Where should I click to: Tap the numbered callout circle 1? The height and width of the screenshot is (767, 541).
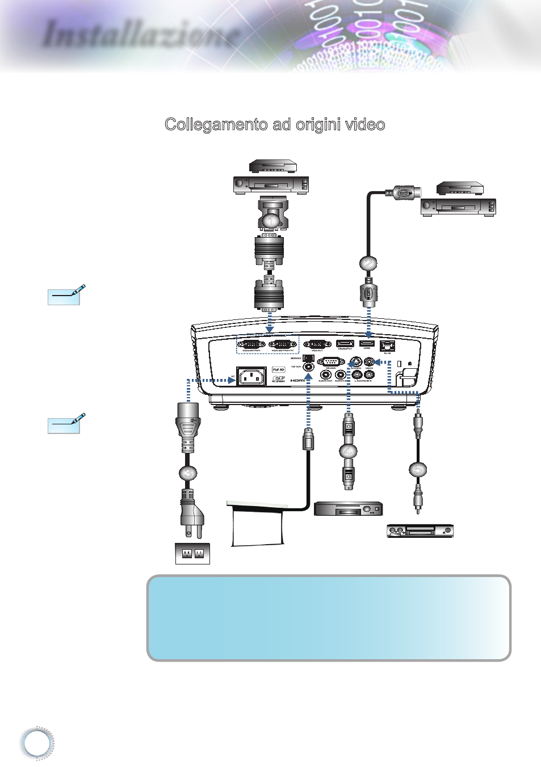tap(271, 220)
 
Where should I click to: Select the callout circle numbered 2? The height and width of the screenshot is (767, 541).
tap(368, 263)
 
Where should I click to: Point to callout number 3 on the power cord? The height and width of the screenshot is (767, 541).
tap(188, 473)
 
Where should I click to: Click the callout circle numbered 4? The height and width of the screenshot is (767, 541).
tap(348, 452)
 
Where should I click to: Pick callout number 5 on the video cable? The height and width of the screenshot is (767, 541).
tap(417, 470)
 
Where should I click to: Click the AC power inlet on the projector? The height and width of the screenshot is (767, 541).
tap(251, 376)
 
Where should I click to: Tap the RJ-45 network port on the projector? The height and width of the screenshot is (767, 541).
tap(387, 345)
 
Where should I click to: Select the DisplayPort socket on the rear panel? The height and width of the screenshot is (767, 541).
tap(345, 343)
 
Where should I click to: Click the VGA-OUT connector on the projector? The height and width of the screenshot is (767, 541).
tap(317, 344)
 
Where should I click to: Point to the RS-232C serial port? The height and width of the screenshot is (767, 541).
tap(331, 362)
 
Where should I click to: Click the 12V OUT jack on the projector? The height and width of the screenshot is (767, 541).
tap(308, 367)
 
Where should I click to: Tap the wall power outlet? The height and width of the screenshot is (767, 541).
tap(192, 553)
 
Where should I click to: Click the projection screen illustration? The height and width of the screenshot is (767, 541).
tap(257, 524)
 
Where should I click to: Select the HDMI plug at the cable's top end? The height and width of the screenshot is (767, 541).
tap(403, 193)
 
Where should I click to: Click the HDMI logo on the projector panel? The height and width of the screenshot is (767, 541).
tap(297, 380)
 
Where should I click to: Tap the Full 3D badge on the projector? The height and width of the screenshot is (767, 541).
tap(278, 369)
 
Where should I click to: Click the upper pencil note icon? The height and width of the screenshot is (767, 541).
tap(64, 296)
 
